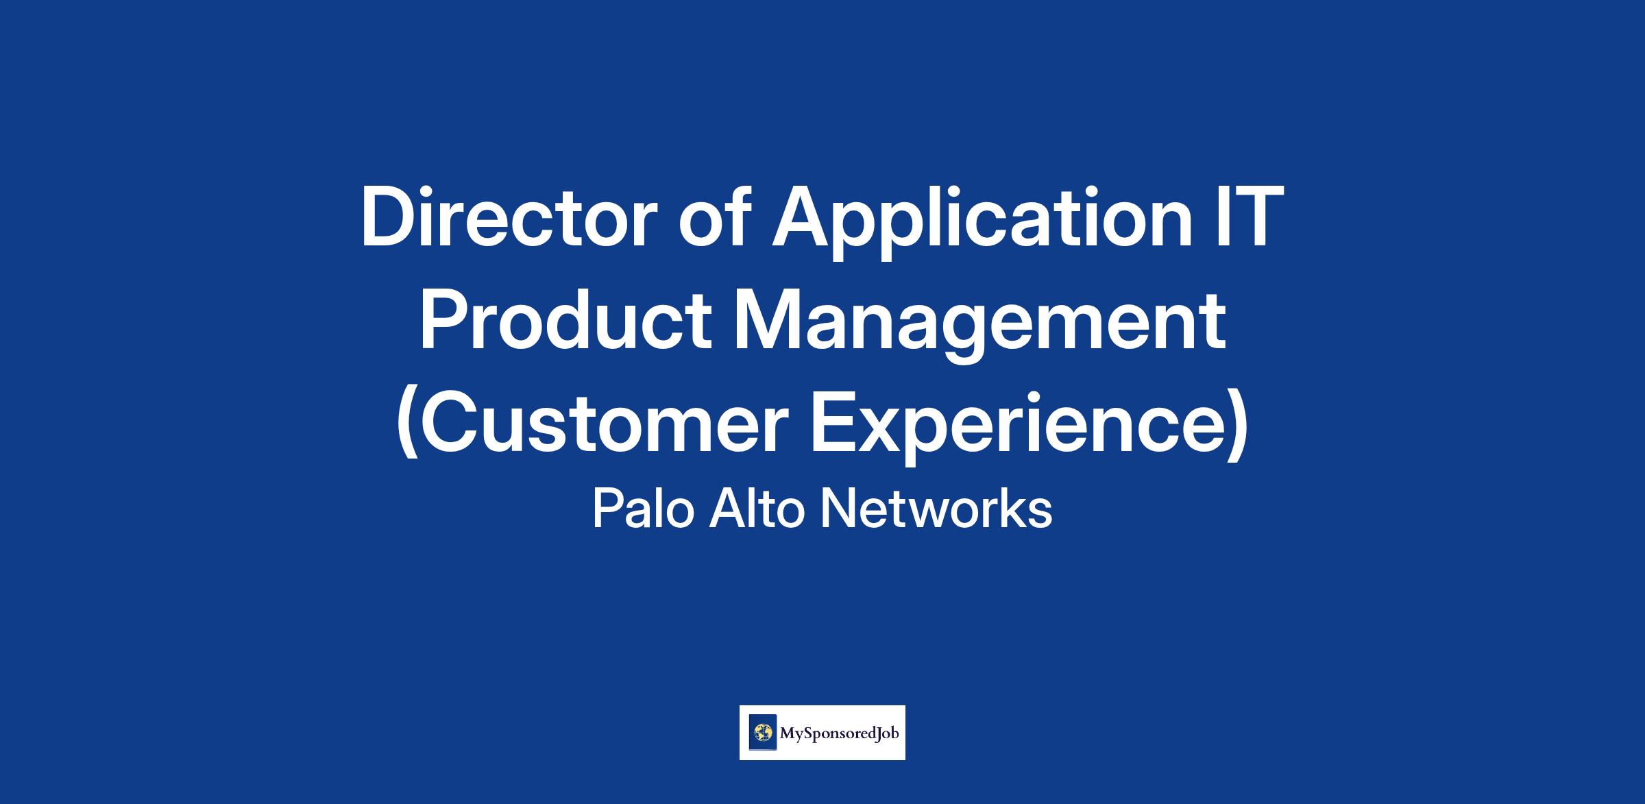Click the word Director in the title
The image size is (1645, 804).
coord(508,217)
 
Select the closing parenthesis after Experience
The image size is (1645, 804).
coord(1236,426)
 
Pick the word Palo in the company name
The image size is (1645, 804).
coord(640,509)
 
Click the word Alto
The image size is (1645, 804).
coord(756,509)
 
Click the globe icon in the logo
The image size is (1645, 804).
coord(763,733)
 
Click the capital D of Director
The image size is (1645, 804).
coord(388,217)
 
